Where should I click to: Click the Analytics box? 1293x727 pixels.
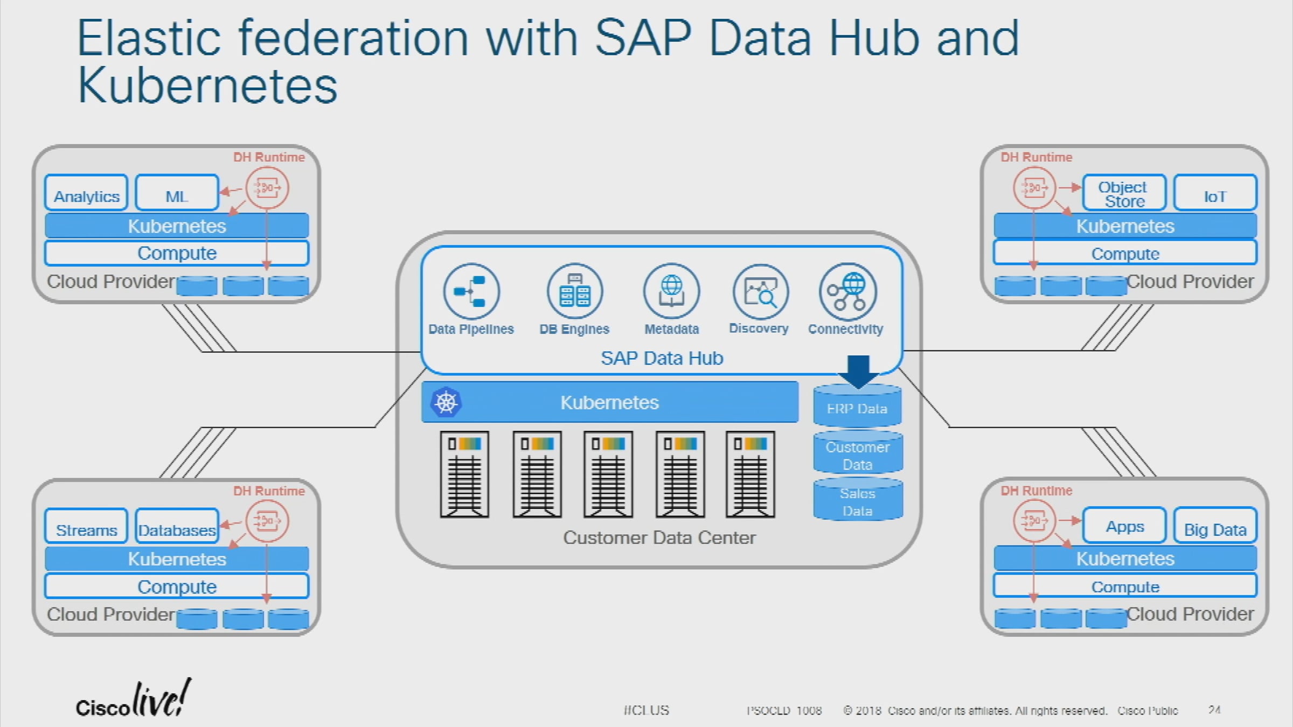(86, 193)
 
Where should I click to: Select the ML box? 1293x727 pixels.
(177, 193)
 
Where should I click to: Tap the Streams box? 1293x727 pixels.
(86, 526)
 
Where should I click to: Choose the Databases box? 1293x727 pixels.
(177, 526)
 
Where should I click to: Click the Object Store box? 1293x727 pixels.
(1124, 193)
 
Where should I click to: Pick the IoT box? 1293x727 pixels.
(1215, 193)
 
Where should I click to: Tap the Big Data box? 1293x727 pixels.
(1215, 526)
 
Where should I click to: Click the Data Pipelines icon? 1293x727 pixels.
(471, 292)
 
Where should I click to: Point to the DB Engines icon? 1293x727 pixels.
(575, 292)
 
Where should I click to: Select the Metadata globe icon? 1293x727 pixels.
(671, 292)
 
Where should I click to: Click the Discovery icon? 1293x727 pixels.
(760, 292)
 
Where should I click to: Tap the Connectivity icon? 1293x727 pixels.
(847, 292)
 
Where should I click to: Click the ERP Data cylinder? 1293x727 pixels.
(857, 408)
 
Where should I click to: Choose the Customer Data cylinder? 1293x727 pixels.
(858, 455)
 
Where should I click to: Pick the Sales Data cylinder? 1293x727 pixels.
(858, 501)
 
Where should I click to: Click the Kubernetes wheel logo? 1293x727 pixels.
(446, 402)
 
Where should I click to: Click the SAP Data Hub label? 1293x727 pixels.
(662, 358)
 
